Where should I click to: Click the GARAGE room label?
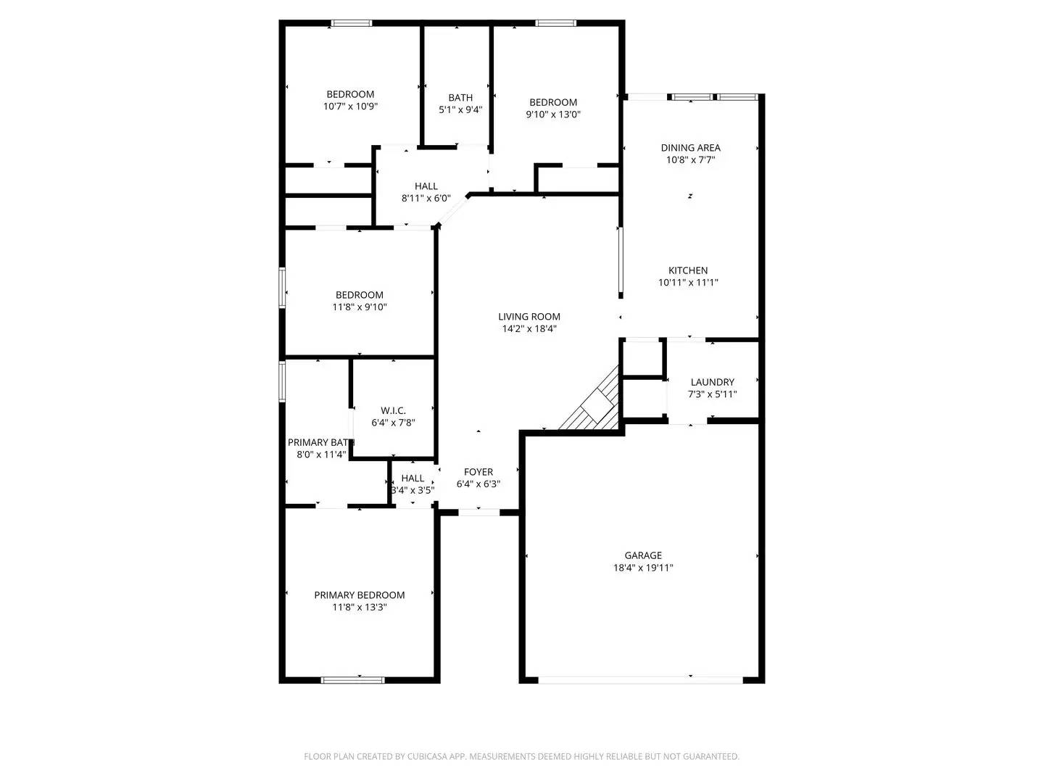tap(643, 556)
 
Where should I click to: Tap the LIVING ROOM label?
tap(529, 317)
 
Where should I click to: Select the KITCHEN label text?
tap(688, 271)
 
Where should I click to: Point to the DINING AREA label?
tap(690, 148)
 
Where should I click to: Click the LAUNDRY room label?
tap(712, 382)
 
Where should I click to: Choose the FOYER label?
tap(478, 472)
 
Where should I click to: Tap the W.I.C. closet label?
tap(393, 411)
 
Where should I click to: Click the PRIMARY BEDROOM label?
tap(359, 595)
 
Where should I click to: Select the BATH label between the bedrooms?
tap(460, 98)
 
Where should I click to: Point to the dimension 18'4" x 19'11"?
tap(643, 568)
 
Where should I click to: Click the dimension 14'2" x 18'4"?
tap(529, 329)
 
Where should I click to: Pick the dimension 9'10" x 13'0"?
tap(553, 115)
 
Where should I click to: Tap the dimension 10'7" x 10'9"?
tap(350, 107)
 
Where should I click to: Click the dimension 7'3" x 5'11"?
tap(712, 394)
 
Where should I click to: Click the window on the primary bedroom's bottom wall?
tap(353, 680)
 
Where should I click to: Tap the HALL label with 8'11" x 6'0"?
tap(426, 186)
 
